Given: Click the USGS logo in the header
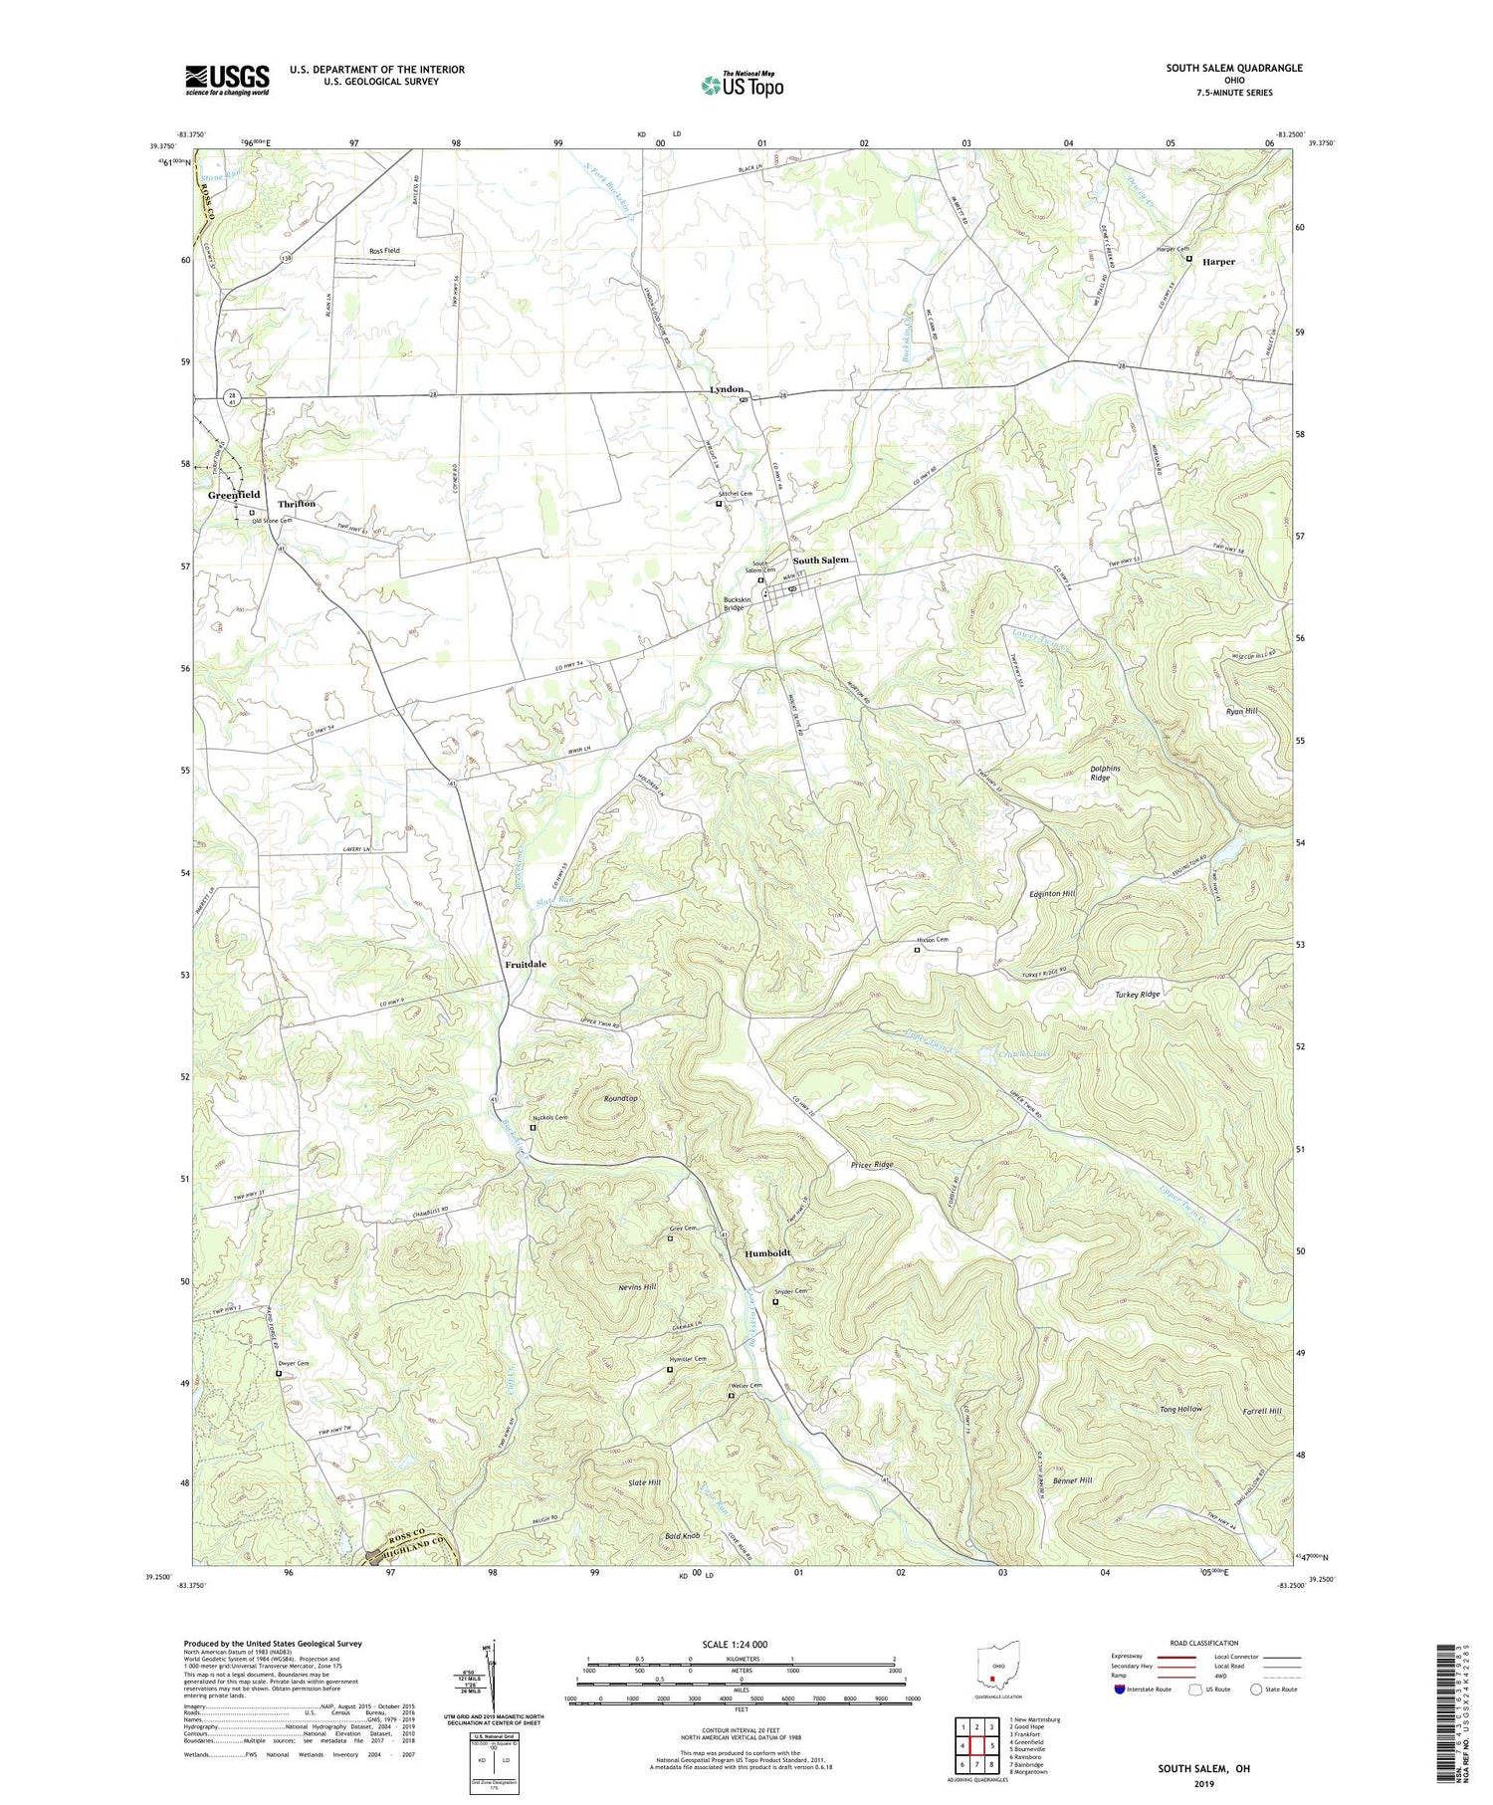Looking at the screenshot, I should [227, 79].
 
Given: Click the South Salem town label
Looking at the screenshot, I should [821, 561].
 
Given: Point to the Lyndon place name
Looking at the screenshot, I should [727, 389].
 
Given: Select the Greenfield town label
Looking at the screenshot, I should [234, 495].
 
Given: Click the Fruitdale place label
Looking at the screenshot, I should [526, 965].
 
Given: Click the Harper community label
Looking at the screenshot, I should [1218, 262].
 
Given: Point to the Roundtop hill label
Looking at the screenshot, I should [620, 1098].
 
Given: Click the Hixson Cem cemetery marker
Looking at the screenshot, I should [918, 950].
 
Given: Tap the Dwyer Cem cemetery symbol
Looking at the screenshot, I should [279, 1374].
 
